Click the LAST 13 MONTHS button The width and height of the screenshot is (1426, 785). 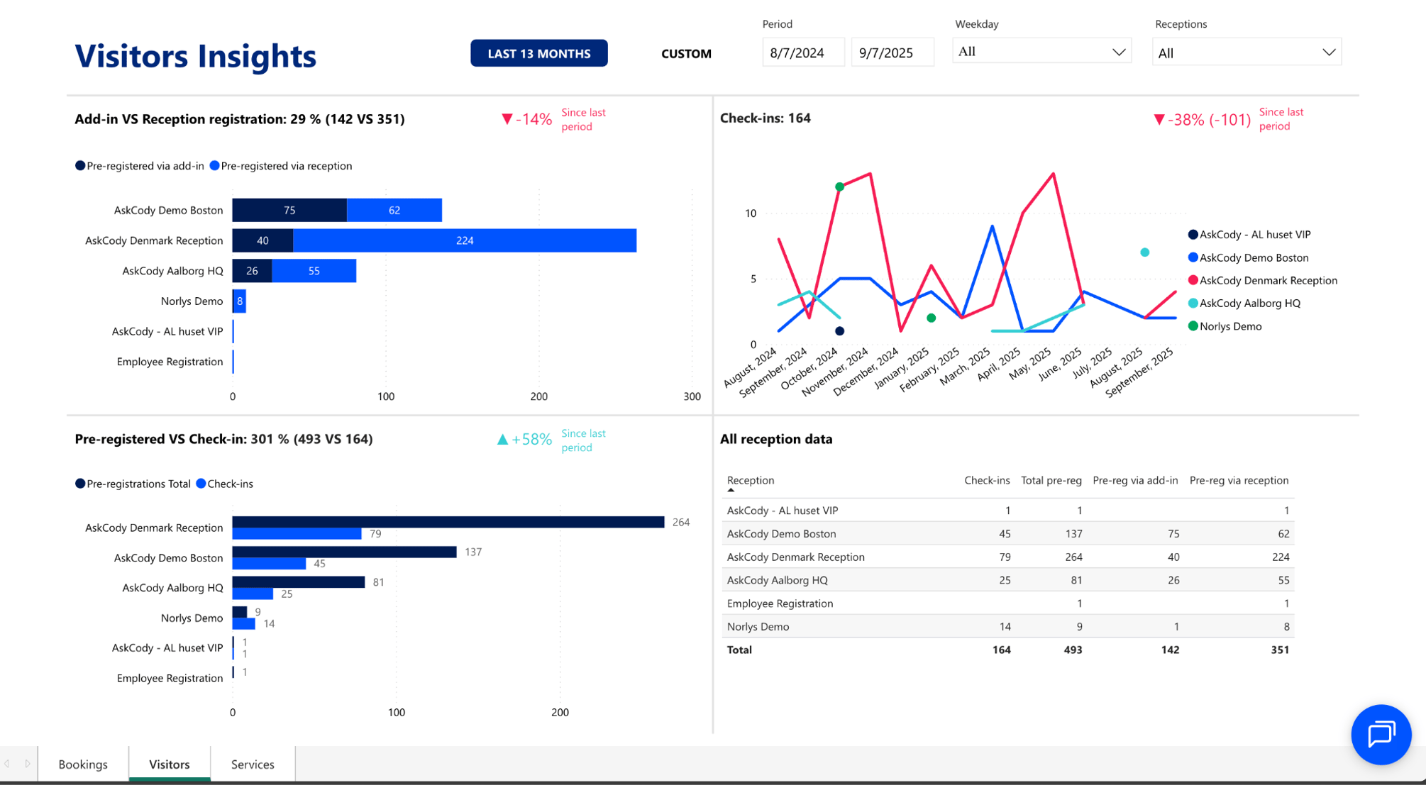coord(538,53)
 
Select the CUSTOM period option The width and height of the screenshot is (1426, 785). coord(685,54)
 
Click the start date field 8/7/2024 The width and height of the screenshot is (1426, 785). coord(802,53)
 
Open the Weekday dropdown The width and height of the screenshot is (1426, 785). coord(1041,52)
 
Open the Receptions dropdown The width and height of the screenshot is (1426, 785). coord(1246,53)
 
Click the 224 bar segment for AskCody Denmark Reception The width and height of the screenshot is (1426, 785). coord(465,240)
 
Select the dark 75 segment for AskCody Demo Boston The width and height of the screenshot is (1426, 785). coord(289,210)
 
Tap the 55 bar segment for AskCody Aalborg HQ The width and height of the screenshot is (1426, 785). coord(314,271)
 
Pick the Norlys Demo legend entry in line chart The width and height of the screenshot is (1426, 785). coord(1229,326)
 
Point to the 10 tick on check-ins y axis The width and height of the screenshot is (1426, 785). coord(751,213)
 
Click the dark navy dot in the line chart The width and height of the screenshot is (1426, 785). coord(839,331)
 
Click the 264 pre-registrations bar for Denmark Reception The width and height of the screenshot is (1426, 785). coord(447,522)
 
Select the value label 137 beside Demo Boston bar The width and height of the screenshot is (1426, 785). coord(473,552)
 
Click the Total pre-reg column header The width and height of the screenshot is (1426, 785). coord(1051,480)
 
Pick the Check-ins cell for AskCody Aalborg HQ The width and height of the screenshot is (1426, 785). coord(1004,580)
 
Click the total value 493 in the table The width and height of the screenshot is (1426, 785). coord(1072,650)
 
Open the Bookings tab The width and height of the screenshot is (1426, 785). coord(83,764)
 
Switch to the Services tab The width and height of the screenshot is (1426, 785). coord(253,764)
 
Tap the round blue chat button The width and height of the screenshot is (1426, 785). coord(1380,734)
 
